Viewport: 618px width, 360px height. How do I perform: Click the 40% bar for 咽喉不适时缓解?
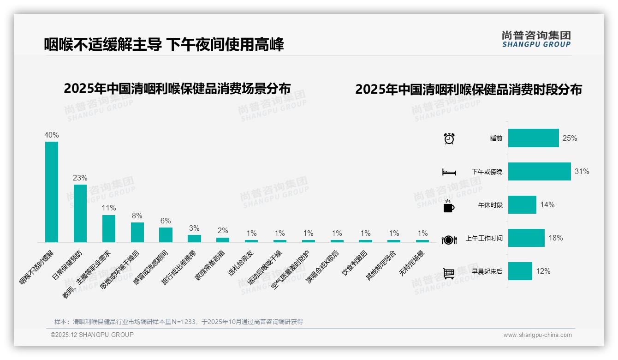tap(52, 192)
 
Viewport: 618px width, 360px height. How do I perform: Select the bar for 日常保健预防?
tap(80, 213)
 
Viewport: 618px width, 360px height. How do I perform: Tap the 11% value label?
tap(109, 208)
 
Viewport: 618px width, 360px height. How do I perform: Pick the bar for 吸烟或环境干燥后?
tap(137, 232)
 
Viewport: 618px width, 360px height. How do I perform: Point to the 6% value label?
tap(166, 221)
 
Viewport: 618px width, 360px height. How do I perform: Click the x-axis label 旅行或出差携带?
tap(179, 268)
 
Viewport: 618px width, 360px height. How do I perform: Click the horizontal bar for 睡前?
tap(533, 138)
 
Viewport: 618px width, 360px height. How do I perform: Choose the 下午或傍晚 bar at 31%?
tap(539, 171)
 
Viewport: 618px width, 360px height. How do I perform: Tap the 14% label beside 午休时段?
tap(547, 204)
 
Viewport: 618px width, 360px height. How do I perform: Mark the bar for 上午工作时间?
tap(526, 238)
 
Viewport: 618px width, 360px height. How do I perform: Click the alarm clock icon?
tap(449, 138)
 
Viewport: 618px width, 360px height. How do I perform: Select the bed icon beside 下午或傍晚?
tap(449, 172)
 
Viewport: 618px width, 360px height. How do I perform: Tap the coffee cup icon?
tap(449, 206)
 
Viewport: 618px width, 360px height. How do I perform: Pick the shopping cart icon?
tap(449, 273)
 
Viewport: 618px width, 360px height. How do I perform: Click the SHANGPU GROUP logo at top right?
tap(536, 39)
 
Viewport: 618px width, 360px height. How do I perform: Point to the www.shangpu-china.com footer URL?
tap(537, 335)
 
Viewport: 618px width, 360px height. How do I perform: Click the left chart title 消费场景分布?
tap(177, 89)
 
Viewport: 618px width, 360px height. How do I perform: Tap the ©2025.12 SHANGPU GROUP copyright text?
tap(92, 335)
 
